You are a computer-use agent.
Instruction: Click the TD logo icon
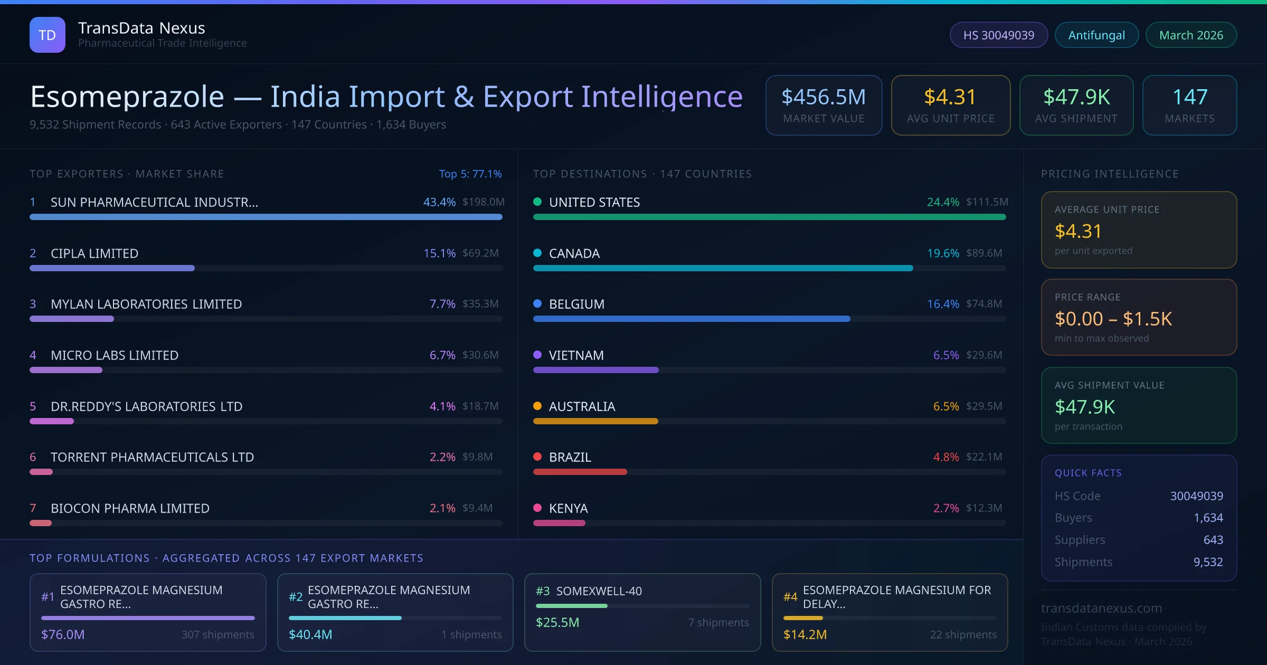tap(48, 35)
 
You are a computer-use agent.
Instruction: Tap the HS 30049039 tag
tap(998, 35)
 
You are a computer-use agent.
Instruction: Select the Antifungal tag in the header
tap(1096, 35)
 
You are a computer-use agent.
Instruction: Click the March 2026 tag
tap(1190, 35)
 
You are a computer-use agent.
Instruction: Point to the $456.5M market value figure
tap(823, 97)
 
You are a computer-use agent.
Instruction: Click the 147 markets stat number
tap(1189, 97)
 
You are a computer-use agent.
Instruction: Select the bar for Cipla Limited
tap(112, 268)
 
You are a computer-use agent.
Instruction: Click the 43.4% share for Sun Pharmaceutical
tap(439, 202)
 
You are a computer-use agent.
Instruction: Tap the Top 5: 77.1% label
tap(470, 174)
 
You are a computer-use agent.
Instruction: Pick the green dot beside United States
tap(537, 202)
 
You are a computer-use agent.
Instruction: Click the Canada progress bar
tap(723, 268)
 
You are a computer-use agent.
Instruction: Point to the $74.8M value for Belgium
tap(984, 304)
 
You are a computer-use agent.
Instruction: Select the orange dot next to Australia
tap(537, 406)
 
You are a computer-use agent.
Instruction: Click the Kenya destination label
tap(568, 508)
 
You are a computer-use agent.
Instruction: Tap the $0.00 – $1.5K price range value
tap(1113, 319)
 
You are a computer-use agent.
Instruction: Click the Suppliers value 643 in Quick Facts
tap(1213, 540)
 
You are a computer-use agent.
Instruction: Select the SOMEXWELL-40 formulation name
tap(599, 591)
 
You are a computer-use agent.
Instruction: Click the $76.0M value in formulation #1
tap(63, 634)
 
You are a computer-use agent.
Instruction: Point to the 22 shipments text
tap(963, 634)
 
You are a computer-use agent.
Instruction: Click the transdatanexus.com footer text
tap(1101, 608)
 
